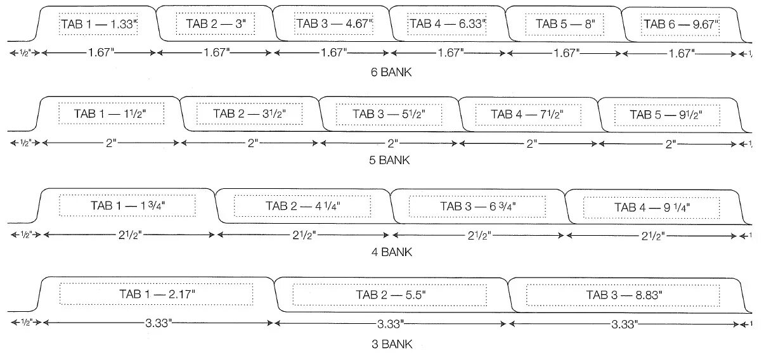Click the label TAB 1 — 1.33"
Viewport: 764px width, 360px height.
[99, 24]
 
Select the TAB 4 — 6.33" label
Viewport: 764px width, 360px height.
[448, 24]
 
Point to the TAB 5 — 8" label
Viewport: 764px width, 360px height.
[564, 24]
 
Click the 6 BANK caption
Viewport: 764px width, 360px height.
[391, 72]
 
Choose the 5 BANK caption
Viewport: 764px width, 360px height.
[391, 160]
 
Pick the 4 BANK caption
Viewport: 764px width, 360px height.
[391, 252]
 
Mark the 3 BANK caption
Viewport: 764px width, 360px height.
[391, 345]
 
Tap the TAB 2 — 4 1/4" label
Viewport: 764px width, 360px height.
[302, 206]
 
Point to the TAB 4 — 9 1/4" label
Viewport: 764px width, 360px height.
[652, 207]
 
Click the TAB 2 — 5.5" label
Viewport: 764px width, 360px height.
[391, 295]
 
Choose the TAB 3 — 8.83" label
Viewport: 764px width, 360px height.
[624, 295]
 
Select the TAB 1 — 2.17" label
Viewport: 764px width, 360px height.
[157, 294]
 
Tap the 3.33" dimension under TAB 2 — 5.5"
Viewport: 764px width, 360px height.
[391, 324]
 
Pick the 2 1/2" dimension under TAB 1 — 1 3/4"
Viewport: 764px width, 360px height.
[129, 235]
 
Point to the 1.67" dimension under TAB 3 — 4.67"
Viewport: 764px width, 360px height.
[332, 53]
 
